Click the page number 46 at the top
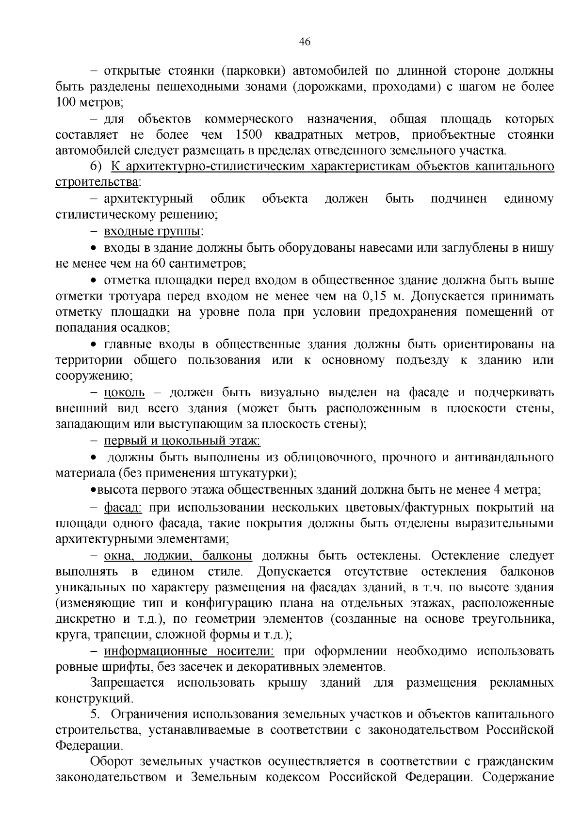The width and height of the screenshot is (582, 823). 305,42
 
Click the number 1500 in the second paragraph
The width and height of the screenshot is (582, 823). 249,134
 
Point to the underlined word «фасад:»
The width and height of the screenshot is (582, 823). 123,508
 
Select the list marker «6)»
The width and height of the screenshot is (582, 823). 97,166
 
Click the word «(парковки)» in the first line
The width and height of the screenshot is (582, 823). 250,71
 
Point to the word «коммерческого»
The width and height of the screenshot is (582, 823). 248,119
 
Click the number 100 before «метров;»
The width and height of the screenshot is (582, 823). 65,102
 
